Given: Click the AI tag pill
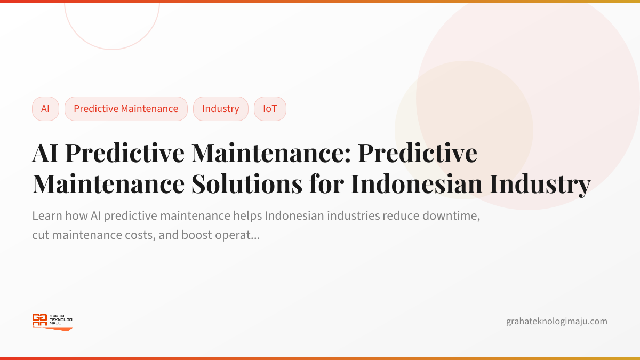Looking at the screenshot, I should pos(45,109).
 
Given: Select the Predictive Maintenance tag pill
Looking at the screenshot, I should pos(126,109).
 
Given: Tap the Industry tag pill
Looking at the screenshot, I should pos(220,109).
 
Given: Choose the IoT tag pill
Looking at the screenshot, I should pos(270,109).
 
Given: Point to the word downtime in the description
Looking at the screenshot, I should pos(457,217).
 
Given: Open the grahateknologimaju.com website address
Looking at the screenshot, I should pos(556,321).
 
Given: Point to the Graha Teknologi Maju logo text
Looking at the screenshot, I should pos(61,319).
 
